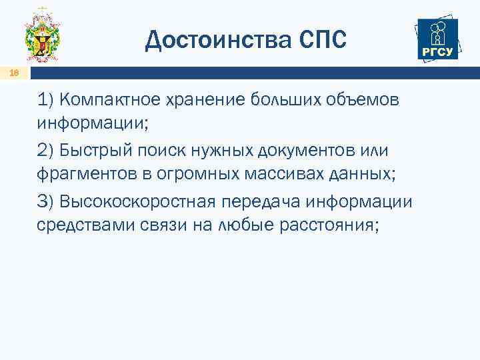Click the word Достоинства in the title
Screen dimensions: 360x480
215,39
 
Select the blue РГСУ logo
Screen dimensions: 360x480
437,39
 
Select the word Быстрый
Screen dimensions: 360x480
95,151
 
